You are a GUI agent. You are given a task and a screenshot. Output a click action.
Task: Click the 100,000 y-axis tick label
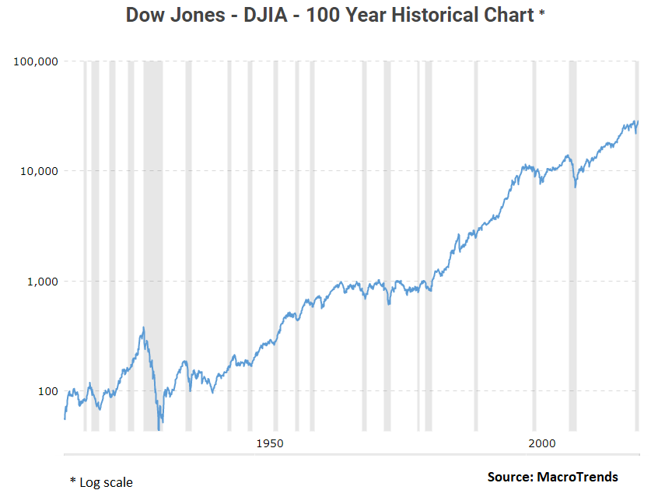pos(37,61)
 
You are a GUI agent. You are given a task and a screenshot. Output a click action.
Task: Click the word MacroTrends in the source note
pos(577,477)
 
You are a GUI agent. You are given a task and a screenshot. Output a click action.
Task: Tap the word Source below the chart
pos(509,477)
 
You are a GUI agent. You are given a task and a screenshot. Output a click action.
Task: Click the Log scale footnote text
pos(106,482)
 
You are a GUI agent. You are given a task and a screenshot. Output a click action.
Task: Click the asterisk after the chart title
pos(542,13)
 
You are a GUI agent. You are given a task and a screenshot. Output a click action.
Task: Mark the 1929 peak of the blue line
pos(144,327)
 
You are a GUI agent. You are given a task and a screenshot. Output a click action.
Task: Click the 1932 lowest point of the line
pos(159,428)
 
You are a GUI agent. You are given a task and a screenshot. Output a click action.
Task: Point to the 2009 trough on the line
pos(575,187)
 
